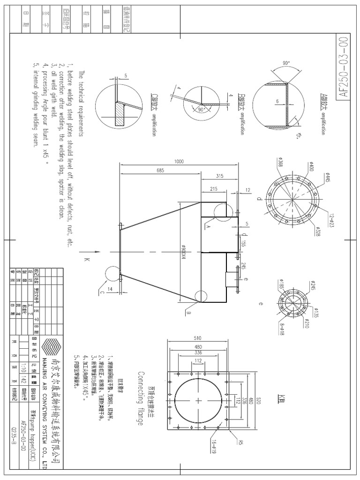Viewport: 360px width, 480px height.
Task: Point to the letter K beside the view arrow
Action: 86,260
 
